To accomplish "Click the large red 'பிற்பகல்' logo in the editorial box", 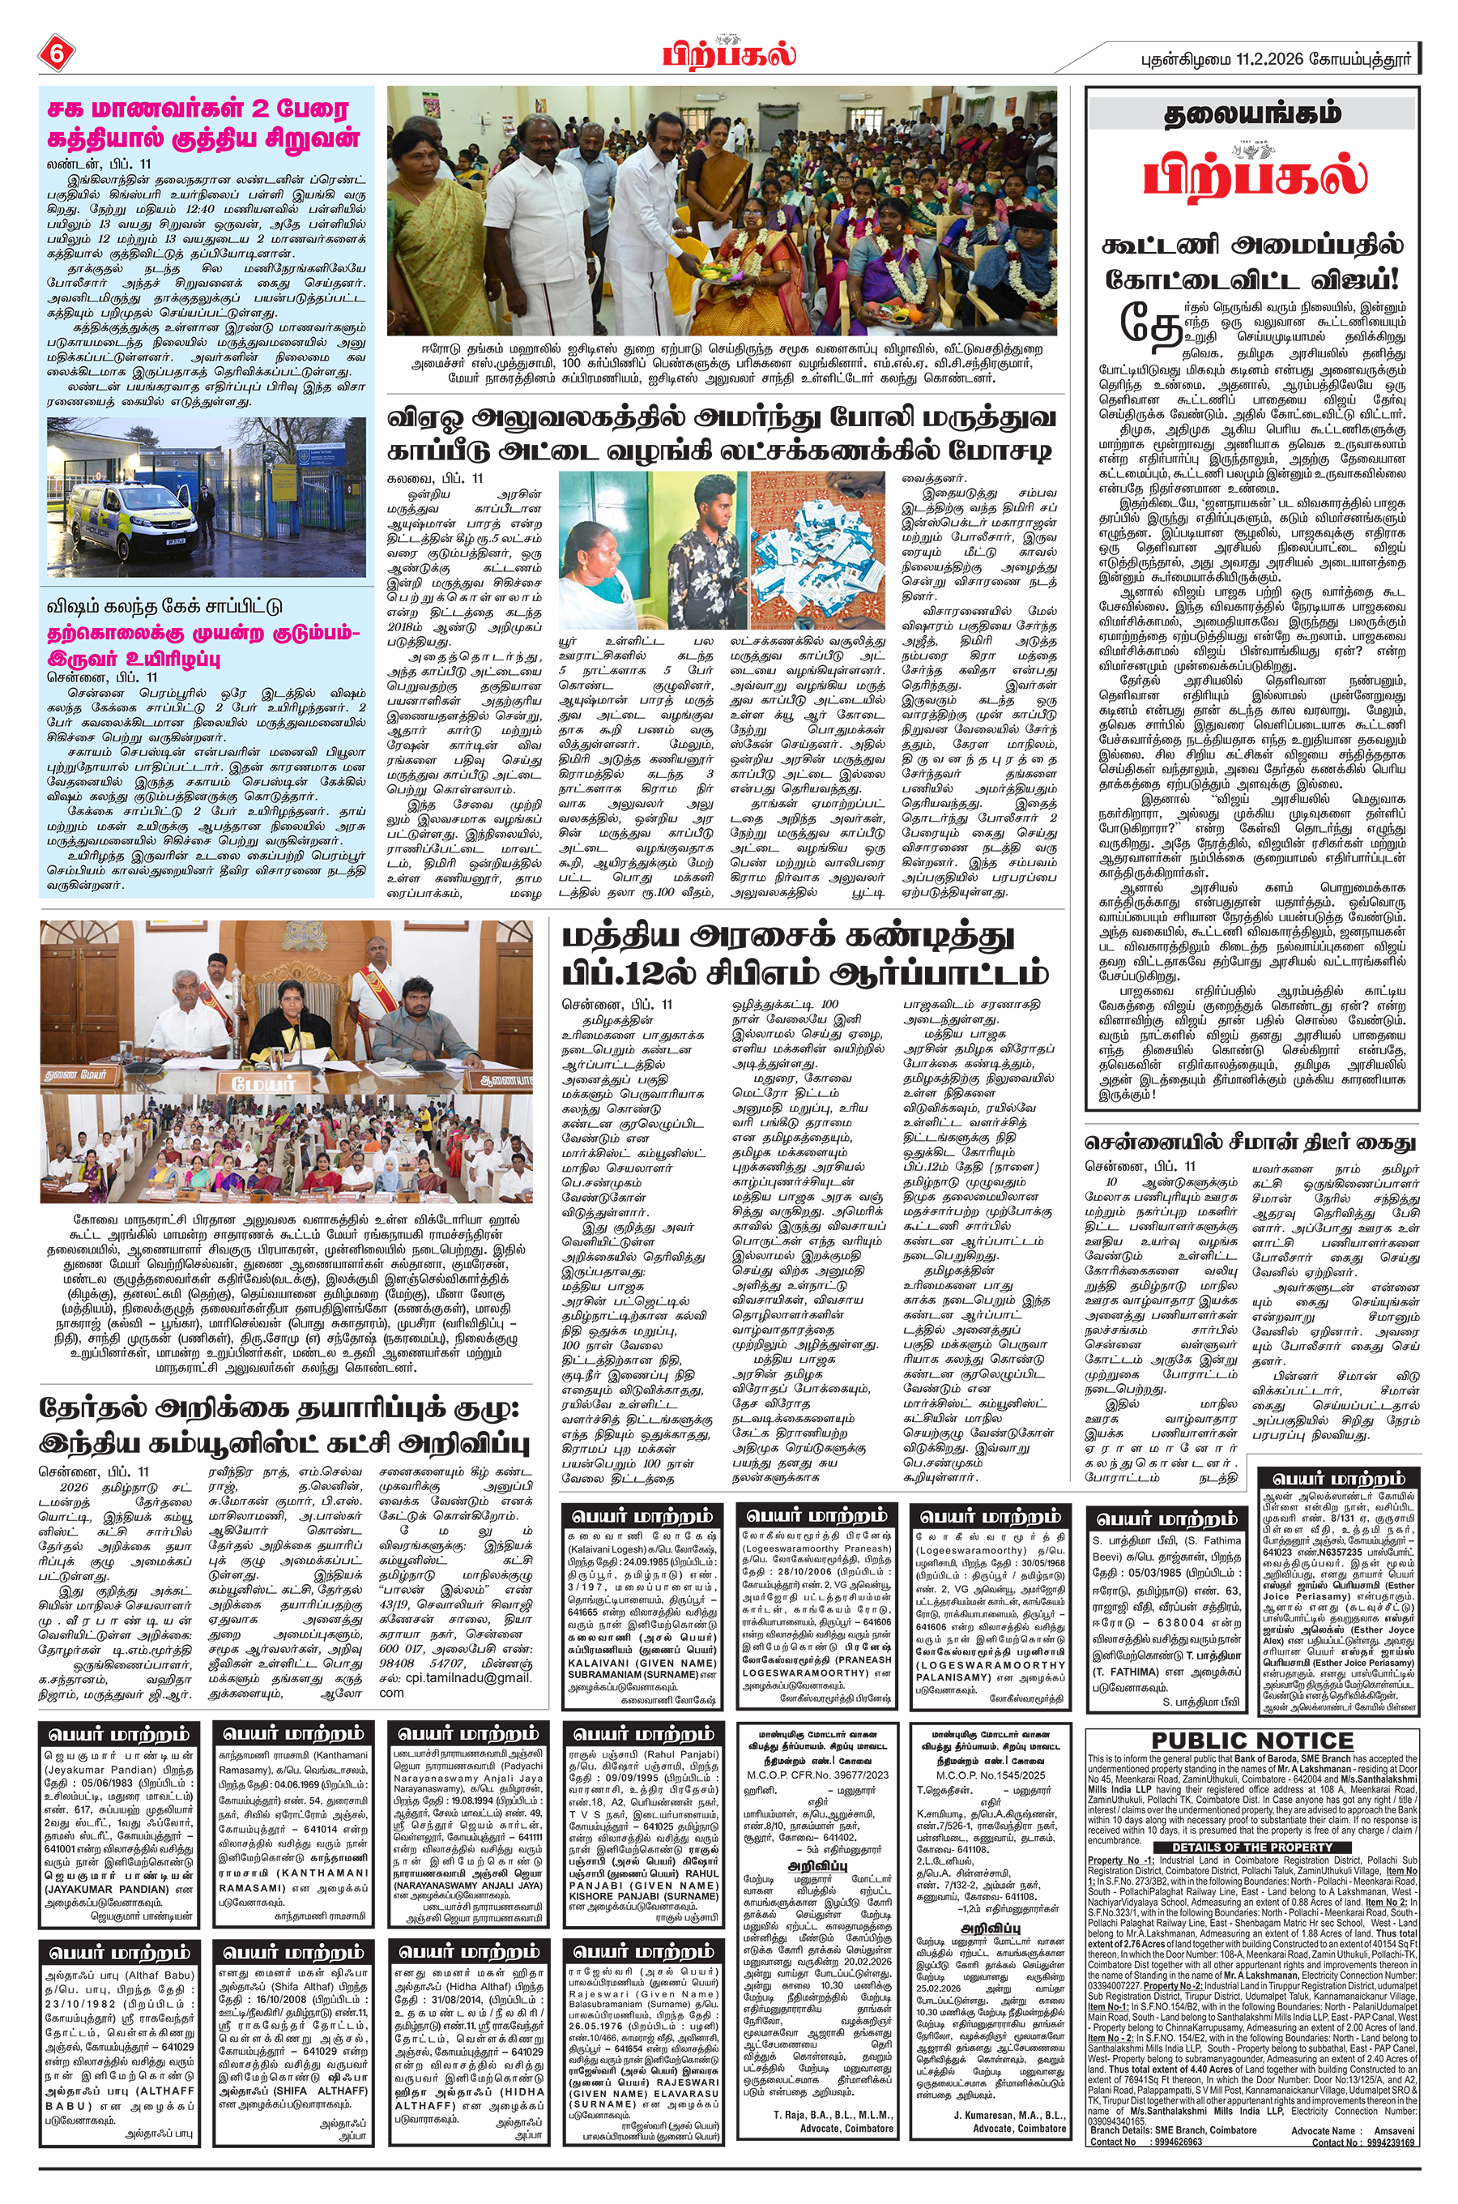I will [1253, 174].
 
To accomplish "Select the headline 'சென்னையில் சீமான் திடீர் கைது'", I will [1251, 1142].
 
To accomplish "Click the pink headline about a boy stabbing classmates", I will [203, 124].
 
